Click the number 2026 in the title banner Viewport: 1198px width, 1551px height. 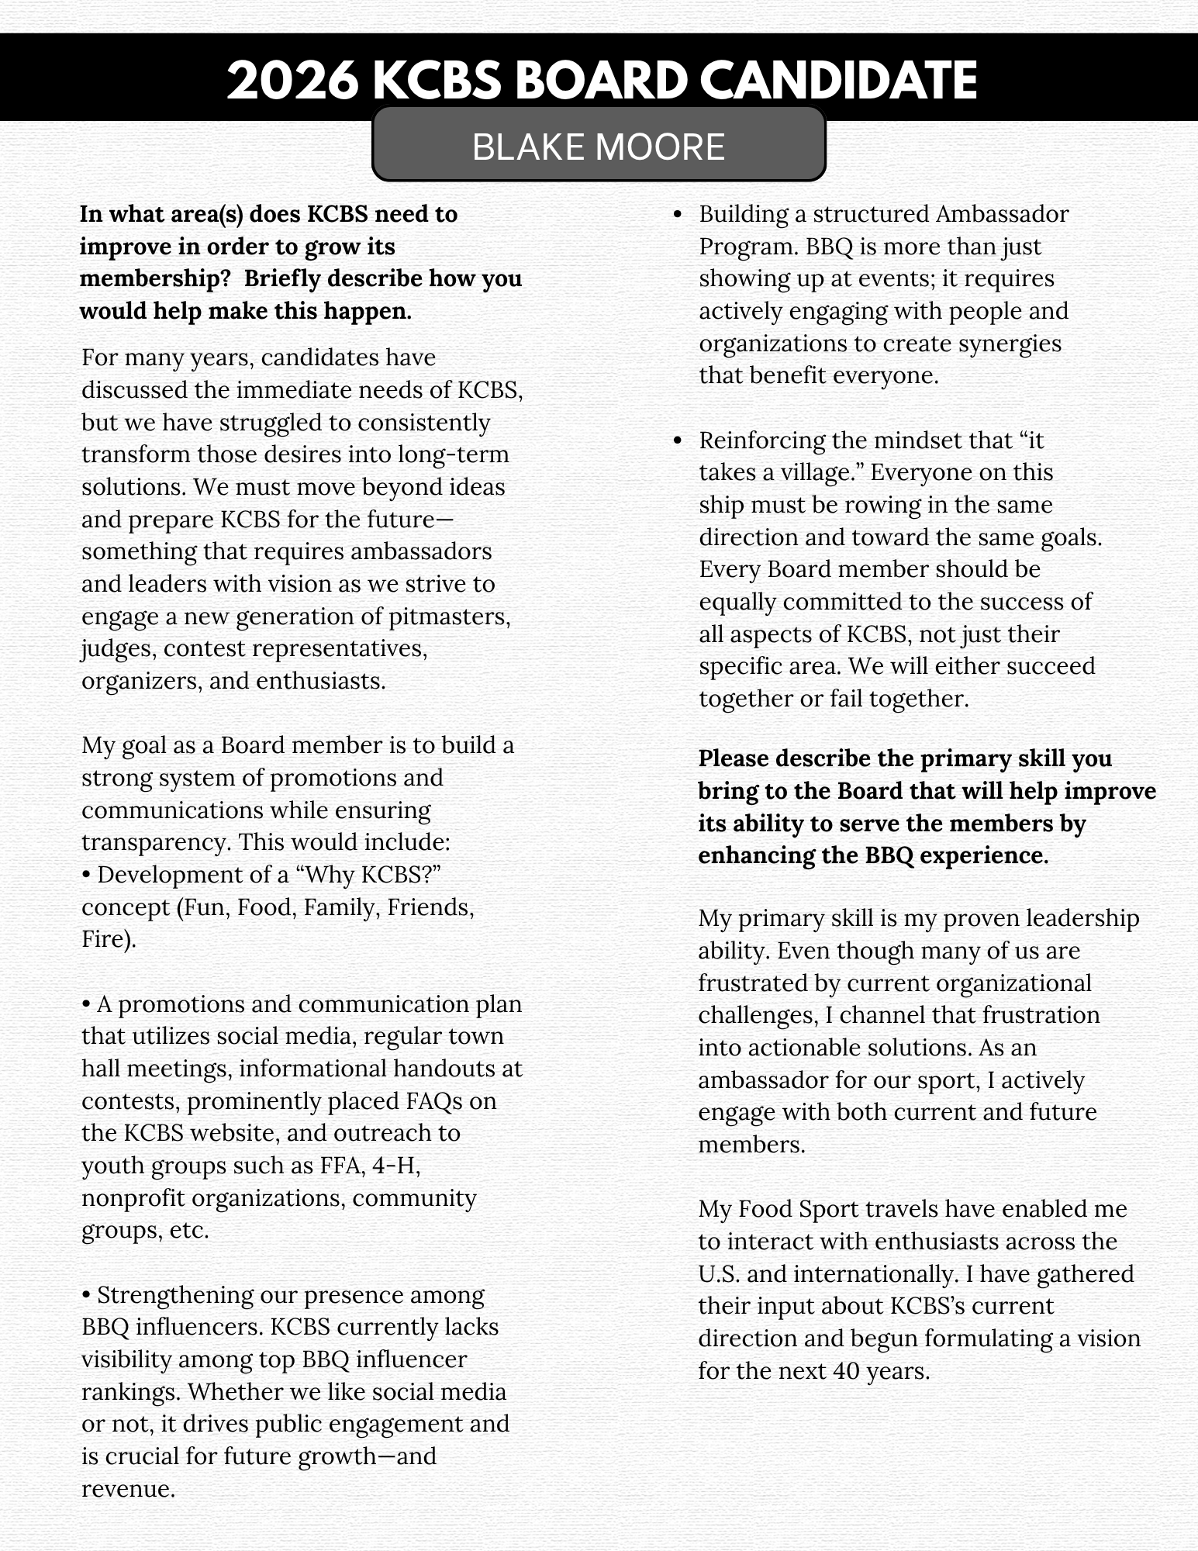tap(292, 81)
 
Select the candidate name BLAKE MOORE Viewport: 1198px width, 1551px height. tap(598, 147)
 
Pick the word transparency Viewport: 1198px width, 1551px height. tap(156, 842)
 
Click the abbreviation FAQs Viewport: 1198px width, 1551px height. tap(465, 1101)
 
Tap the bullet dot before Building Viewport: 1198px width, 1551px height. tap(678, 215)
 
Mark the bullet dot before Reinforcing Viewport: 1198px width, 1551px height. tap(678, 441)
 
